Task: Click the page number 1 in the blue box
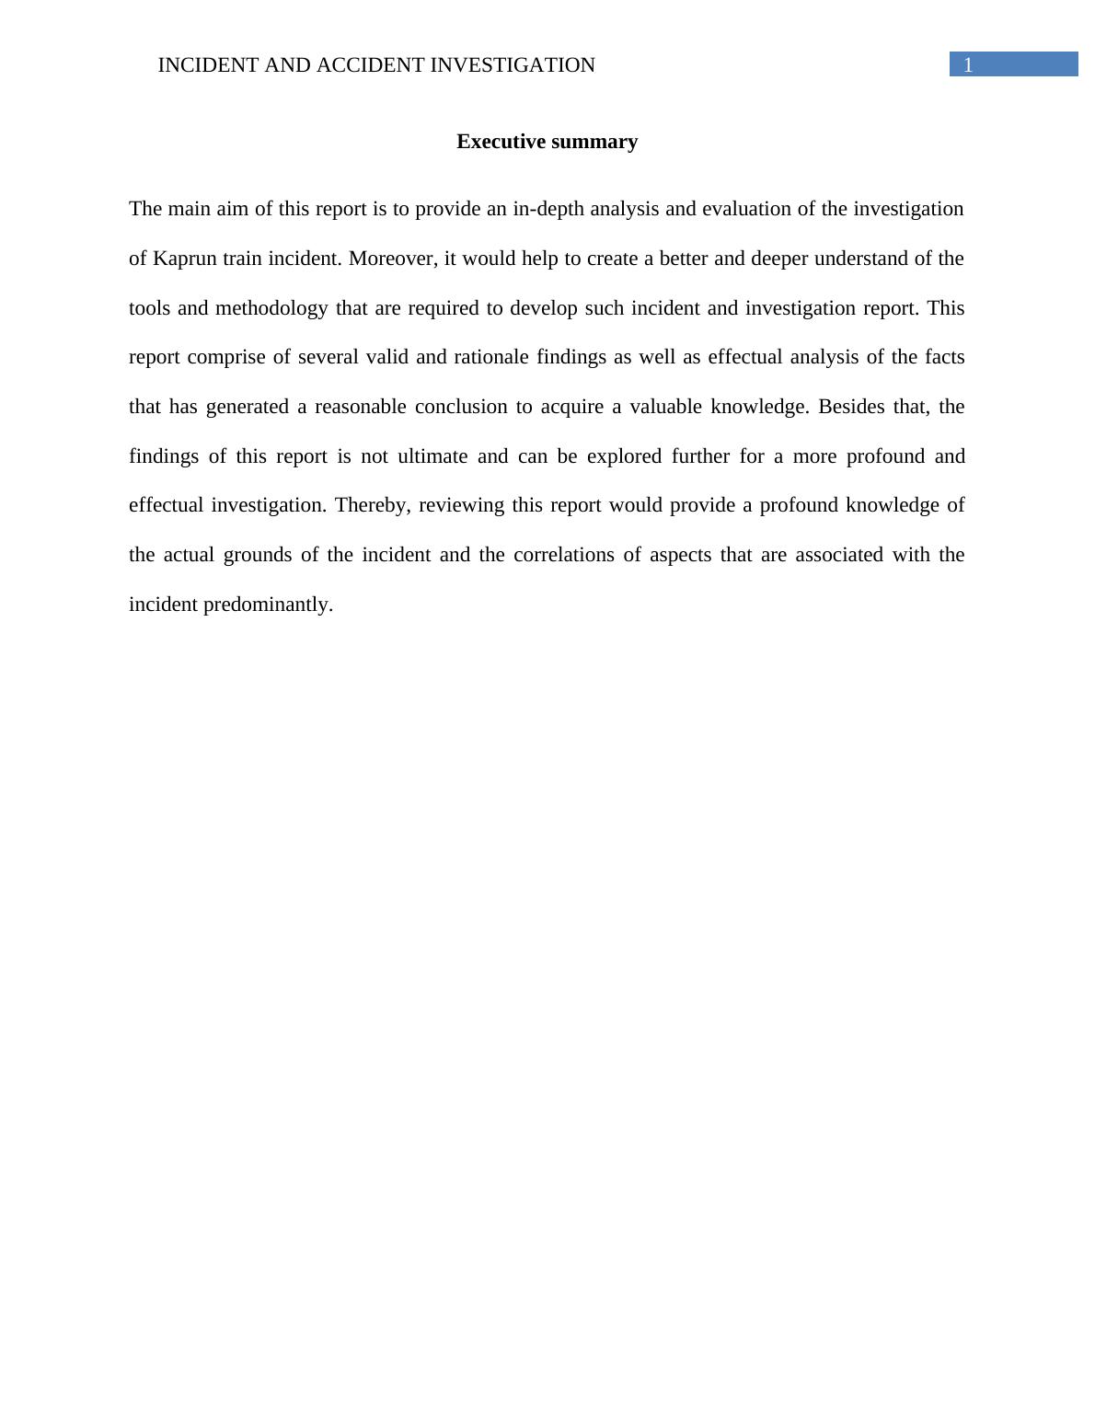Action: pyautogui.click(x=968, y=65)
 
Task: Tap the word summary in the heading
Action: pyautogui.click(x=594, y=142)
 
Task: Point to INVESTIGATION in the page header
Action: pyautogui.click(x=513, y=65)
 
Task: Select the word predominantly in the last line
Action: pyautogui.click(x=267, y=605)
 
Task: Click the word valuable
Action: pyautogui.click(x=664, y=407)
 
